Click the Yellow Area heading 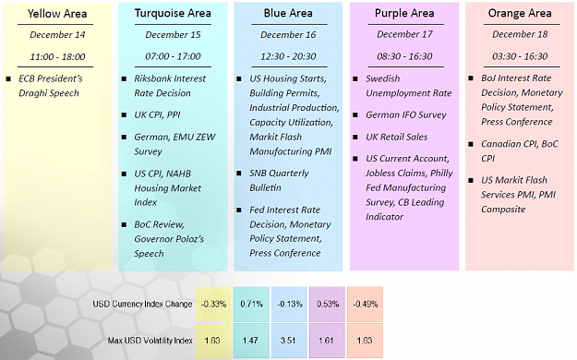pos(57,14)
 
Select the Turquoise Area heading pos(173,13)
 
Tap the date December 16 pos(288,34)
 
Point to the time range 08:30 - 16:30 pos(404,56)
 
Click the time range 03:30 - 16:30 pos(520,56)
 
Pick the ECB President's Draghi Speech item pos(51,86)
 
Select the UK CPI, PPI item pos(157,114)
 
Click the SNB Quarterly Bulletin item pos(279,180)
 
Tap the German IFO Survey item pos(406,114)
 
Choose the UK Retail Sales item pos(397,137)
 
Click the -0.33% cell pos(213,304)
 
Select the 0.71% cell pos(251,304)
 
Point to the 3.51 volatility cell pos(289,341)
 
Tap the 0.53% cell pos(327,304)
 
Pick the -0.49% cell pos(365,304)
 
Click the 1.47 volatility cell pos(251,341)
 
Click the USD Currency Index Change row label pos(142,304)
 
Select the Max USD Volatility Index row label pos(150,341)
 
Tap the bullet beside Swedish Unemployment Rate pos(355,78)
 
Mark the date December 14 pos(57,35)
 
